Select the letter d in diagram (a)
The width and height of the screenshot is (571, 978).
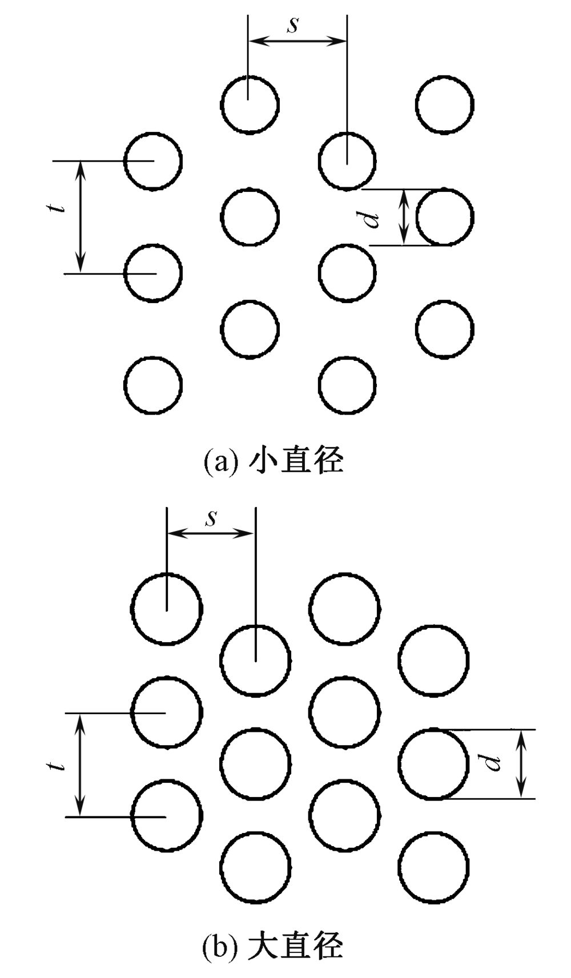(373, 218)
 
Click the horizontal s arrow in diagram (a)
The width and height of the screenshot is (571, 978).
(297, 41)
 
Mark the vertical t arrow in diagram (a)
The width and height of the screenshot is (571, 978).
(81, 217)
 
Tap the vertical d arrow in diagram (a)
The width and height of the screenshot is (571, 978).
(404, 217)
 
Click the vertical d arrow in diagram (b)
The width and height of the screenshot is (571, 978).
(521, 763)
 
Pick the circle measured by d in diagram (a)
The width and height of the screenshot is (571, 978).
(444, 217)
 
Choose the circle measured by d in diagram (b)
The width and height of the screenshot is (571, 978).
(433, 763)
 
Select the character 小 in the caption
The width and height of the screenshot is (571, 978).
(264, 461)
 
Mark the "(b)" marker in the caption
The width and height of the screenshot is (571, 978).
(220, 945)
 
